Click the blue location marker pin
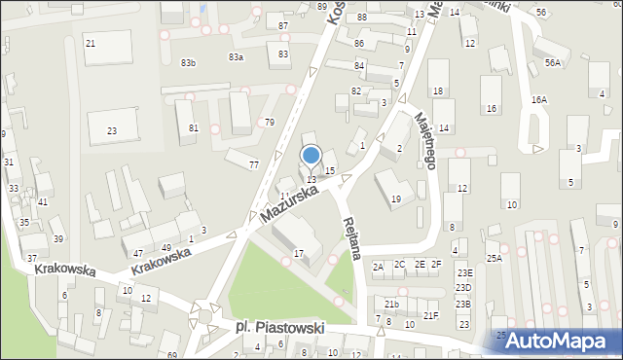[311, 157]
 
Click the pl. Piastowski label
[280, 328]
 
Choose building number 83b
[188, 62]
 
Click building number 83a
[236, 57]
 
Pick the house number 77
[254, 164]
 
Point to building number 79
[269, 122]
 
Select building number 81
[194, 127]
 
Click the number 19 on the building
[395, 198]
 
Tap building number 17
[299, 254]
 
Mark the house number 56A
[553, 62]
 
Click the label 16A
[538, 100]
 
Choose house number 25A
[495, 257]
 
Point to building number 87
[283, 25]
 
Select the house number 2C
[400, 264]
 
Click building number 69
[172, 355]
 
